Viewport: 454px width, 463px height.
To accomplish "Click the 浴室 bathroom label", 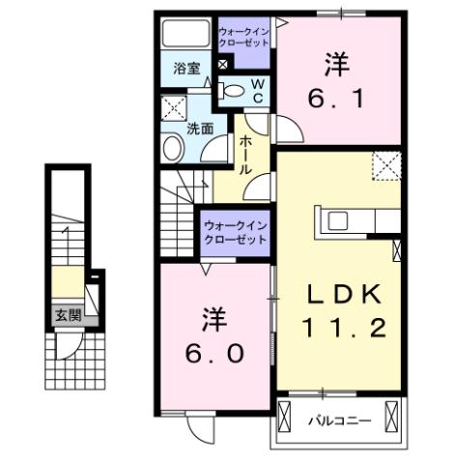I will tap(186, 69).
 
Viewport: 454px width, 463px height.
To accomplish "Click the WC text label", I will tap(259, 91).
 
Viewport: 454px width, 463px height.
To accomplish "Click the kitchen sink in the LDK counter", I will tap(337, 220).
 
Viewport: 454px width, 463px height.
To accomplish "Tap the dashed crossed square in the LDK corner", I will tap(387, 167).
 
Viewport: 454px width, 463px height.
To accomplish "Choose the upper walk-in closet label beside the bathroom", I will tap(245, 37).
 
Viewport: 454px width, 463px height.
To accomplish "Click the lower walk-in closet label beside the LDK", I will tap(235, 232).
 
